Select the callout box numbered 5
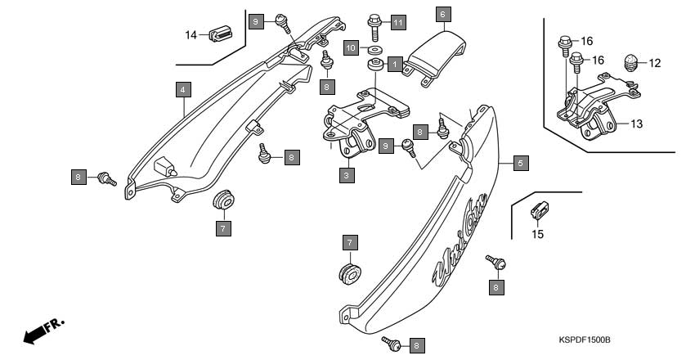(520, 163)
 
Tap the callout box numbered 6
(442, 14)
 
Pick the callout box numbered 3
(347, 174)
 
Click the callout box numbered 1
(394, 63)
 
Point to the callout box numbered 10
(349, 48)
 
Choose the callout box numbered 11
(397, 21)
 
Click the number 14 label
(191, 34)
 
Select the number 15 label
(537, 235)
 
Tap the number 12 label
(654, 62)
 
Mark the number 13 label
(636, 124)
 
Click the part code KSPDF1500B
(585, 339)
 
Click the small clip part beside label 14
(221, 34)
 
